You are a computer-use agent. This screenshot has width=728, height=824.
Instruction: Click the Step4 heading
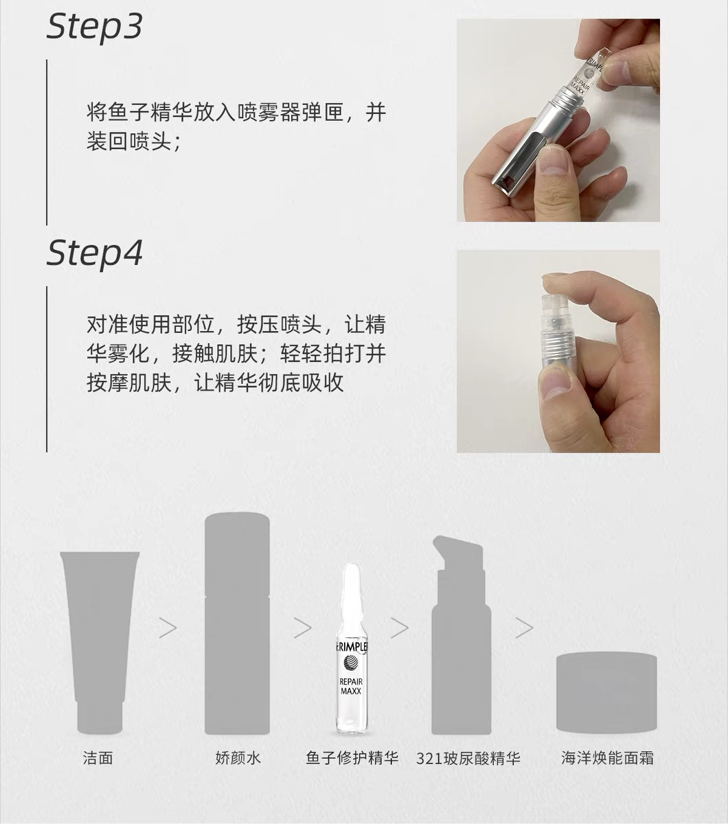coord(94,254)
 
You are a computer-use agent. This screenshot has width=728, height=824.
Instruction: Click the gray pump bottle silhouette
coord(461,635)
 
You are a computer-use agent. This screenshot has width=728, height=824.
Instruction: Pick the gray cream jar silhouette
coord(606,692)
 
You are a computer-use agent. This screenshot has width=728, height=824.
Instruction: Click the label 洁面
coord(98,758)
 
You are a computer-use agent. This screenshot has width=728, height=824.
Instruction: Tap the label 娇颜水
coord(238,758)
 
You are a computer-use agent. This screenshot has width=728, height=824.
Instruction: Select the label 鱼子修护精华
coord(352,758)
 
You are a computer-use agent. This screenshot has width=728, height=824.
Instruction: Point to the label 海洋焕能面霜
coord(607,758)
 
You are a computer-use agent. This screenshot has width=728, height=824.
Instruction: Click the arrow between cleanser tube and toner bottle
coord(168,628)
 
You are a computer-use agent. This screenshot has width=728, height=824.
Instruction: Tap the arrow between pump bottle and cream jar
coord(524,628)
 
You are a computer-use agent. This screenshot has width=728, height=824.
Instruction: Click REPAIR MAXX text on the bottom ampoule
coord(351,686)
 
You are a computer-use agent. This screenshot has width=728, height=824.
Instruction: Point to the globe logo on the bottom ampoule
coord(351,662)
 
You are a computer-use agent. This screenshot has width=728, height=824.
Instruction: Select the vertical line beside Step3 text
coord(47,142)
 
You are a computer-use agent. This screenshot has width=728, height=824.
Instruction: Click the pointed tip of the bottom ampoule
coord(351,565)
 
